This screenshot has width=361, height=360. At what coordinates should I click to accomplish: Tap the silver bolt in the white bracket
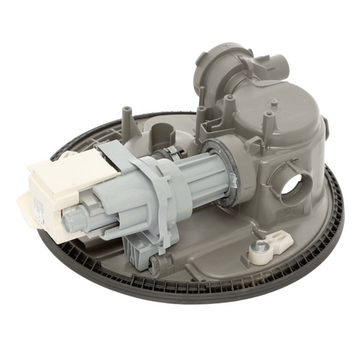[258, 248]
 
